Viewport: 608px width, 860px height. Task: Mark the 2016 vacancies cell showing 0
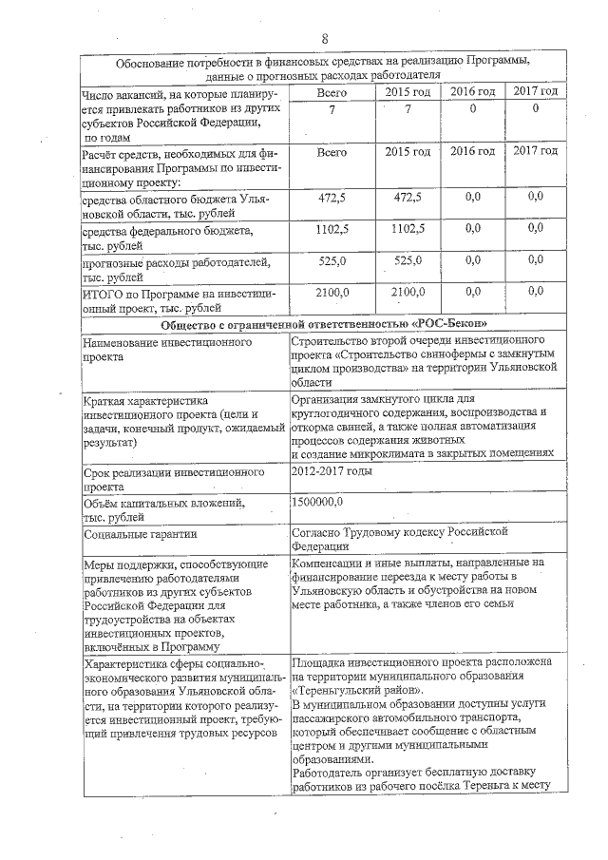[x=472, y=109]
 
